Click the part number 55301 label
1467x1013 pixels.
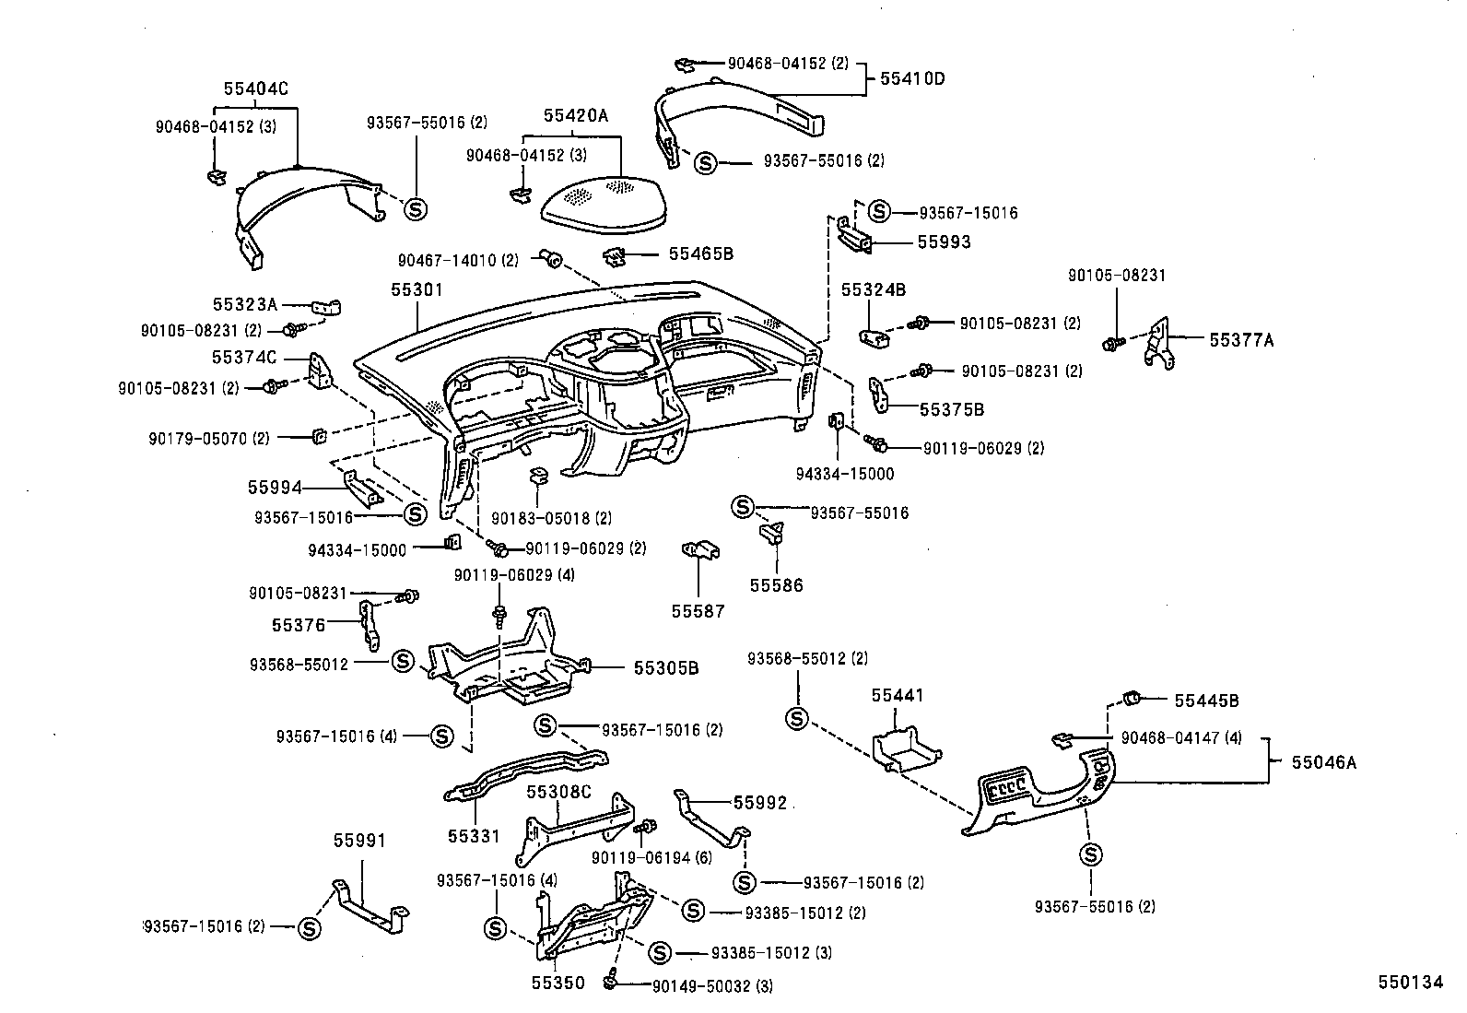(x=416, y=289)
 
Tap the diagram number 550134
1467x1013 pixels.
(x=1410, y=983)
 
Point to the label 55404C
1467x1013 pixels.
(x=255, y=88)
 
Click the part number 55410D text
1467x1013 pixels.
(x=912, y=78)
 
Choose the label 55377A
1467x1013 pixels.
(x=1240, y=339)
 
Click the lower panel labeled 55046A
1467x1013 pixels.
(x=1041, y=793)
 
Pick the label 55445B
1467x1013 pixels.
(x=1206, y=701)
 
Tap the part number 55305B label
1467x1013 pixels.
(x=665, y=667)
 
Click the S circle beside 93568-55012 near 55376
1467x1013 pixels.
(x=402, y=661)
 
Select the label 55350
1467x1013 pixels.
(x=557, y=983)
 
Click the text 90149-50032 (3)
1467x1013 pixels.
(x=712, y=986)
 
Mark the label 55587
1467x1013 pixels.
(x=698, y=611)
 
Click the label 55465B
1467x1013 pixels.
(x=700, y=253)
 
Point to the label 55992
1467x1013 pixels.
(x=760, y=803)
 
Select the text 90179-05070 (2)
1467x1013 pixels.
(x=209, y=438)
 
